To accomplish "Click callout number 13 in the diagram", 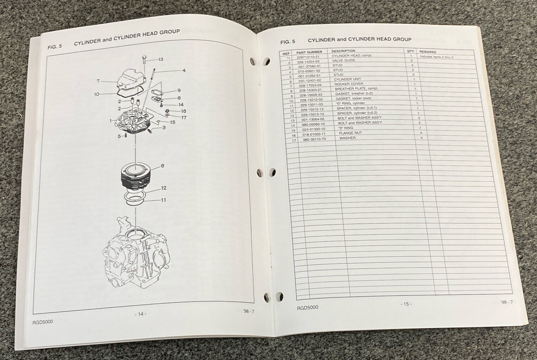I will [161, 60].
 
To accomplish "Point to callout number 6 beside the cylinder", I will [162, 165].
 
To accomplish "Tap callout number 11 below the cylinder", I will [163, 200].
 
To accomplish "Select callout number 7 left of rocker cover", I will [98, 81].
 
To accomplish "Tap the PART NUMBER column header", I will [307, 52].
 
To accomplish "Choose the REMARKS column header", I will [427, 52].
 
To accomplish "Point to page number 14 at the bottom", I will [140, 314].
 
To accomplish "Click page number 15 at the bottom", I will [406, 304].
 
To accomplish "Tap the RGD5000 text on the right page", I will [308, 308].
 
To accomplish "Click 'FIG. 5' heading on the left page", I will [55, 47].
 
